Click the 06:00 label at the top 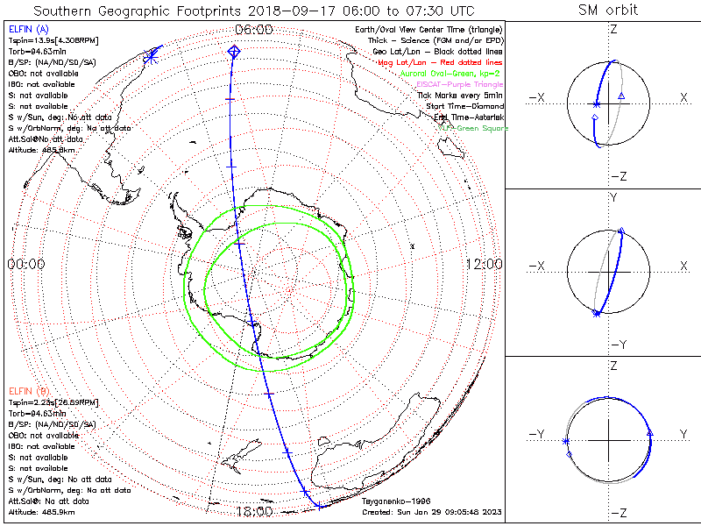pos(254,29)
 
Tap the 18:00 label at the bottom pos(254,511)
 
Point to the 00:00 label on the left pos(26,264)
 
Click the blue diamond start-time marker pos(233,53)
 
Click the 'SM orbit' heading pos(608,10)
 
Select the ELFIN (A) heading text pos(28,30)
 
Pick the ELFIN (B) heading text pos(28,390)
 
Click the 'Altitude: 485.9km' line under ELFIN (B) pos(42,510)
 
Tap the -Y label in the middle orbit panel pos(612,344)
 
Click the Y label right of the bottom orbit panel pos(683,434)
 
